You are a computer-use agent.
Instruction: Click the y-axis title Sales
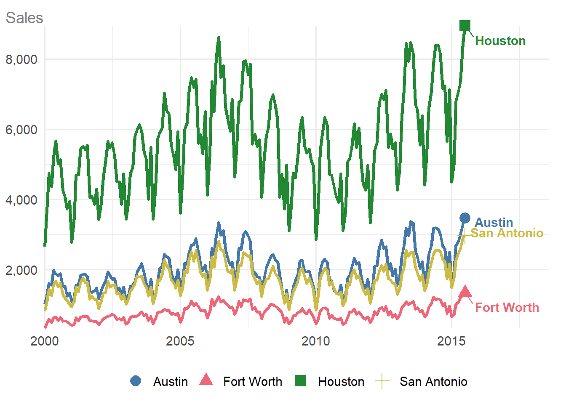24,18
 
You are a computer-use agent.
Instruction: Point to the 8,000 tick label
21,59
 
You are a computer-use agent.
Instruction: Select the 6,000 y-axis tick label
21,130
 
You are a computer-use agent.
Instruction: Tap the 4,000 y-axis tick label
21,200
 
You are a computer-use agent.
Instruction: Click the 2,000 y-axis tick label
21,270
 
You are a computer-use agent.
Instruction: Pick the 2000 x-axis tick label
45,341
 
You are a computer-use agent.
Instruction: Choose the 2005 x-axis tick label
180,341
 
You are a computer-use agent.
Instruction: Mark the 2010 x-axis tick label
316,341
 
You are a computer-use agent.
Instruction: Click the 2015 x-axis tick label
451,341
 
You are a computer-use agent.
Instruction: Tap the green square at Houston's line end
465,26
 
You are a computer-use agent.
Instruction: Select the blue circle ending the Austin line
465,218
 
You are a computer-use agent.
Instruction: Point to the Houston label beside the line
500,41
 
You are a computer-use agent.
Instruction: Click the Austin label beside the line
494,222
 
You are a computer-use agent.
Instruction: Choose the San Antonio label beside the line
507,233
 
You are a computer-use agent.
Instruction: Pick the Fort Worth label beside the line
507,308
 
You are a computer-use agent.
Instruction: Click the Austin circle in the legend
136,381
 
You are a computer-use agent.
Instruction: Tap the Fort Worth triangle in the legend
206,380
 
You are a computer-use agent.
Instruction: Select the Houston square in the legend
300,381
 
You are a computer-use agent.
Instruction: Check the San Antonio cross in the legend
382,381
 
